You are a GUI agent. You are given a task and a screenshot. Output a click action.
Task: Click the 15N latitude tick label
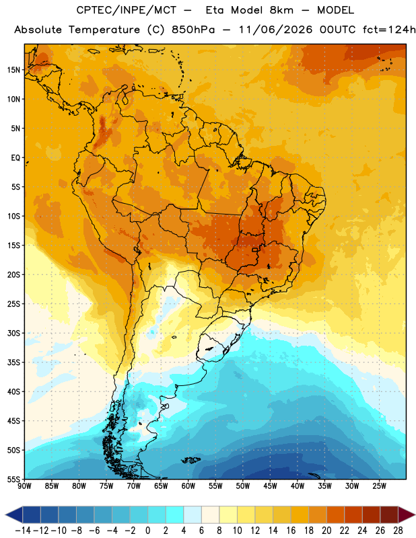13,70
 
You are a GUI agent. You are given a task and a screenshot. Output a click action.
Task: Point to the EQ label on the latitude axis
15,158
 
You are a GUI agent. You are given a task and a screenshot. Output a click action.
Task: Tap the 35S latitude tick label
13,362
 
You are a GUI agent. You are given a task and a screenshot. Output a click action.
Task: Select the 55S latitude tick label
13,479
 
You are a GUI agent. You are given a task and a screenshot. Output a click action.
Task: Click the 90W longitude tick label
24,486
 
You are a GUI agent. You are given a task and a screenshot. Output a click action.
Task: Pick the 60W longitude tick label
188,486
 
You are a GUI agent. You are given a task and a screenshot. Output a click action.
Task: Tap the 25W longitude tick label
379,486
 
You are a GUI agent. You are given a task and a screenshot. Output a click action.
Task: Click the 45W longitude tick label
270,486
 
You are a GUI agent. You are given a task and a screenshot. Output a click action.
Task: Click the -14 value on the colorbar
23,531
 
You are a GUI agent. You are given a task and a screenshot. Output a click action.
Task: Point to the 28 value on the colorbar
398,531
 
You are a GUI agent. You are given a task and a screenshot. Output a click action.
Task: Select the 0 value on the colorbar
147,531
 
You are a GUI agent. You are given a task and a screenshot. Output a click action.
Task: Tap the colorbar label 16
291,531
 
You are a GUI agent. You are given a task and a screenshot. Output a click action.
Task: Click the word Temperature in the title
104,30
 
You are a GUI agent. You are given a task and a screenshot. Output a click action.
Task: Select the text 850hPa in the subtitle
193,30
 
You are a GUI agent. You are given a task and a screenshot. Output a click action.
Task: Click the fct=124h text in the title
389,30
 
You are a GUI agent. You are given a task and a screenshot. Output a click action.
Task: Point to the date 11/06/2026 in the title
275,30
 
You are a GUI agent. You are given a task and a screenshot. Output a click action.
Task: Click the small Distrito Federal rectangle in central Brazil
255,249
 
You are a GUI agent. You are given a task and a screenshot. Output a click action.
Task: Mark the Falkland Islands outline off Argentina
190,460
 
